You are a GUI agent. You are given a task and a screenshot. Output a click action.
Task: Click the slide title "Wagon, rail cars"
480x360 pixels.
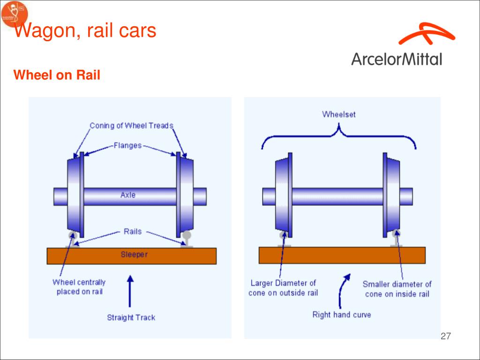pos(84,32)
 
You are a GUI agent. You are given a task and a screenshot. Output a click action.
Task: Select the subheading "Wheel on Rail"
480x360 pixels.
pos(57,75)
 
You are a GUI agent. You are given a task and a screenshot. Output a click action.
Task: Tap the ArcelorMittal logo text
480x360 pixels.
pos(397,59)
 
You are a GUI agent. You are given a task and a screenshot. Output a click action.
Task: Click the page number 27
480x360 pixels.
pos(446,336)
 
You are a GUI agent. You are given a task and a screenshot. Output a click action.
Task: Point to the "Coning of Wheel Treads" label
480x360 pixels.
pos(131,126)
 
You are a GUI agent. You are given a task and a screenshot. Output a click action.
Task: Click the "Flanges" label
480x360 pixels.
pos(127,145)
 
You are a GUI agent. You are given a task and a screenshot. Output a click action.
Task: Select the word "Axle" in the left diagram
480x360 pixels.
pos(128,195)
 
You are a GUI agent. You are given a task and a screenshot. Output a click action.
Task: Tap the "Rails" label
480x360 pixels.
pos(133,231)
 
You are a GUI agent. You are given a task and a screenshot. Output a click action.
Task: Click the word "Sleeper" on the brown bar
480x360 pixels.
pos(134,255)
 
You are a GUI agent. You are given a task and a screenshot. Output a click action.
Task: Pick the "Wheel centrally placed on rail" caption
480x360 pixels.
pos(79,287)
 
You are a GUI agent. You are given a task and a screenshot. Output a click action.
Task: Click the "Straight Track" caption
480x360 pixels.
pos(131,317)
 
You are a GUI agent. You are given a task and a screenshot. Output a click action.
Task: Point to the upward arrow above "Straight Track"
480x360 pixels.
pos(130,291)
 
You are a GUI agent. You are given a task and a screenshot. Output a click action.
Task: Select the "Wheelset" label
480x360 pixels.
pos(339,114)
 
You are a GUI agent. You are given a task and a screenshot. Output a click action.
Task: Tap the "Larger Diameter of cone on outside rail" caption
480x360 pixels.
pos(283,288)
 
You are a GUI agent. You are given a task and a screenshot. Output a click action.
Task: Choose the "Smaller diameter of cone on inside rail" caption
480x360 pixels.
pos(397,289)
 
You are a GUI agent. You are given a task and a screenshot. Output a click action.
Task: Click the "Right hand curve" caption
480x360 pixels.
pos(342,315)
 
